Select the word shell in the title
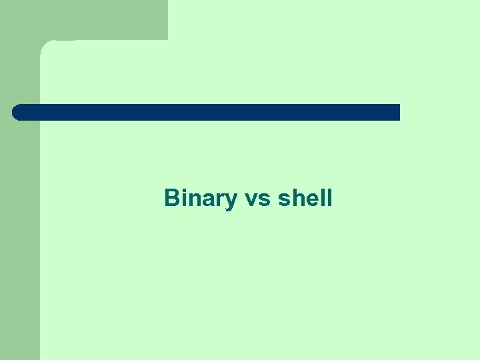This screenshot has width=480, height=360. tap(305, 198)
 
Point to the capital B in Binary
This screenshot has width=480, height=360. tap(171, 198)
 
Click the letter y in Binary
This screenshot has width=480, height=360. tap(231, 200)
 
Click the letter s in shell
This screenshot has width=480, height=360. tap(283, 199)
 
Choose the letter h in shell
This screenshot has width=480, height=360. tap(296, 198)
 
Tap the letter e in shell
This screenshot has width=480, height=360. tap(309, 199)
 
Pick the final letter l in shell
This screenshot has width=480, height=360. tap(328, 198)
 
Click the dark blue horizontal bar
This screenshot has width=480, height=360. tap(207, 112)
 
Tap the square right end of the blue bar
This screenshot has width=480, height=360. tap(396, 112)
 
